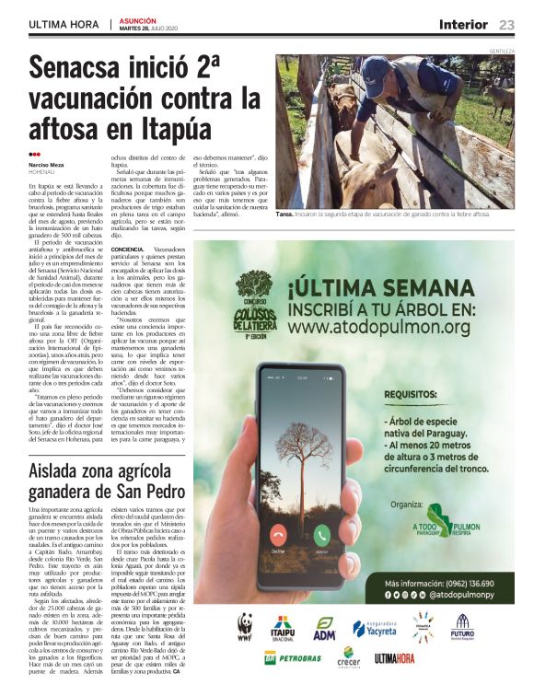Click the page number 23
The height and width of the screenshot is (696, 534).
tap(506, 25)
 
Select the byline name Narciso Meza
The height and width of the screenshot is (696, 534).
tap(46, 165)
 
